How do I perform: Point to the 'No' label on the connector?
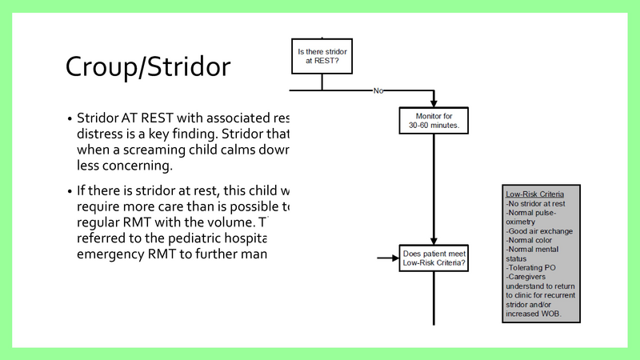378,90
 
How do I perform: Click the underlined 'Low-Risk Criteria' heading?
534,194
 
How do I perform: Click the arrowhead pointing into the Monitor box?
433,104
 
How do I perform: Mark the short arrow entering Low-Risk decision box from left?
389,258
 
